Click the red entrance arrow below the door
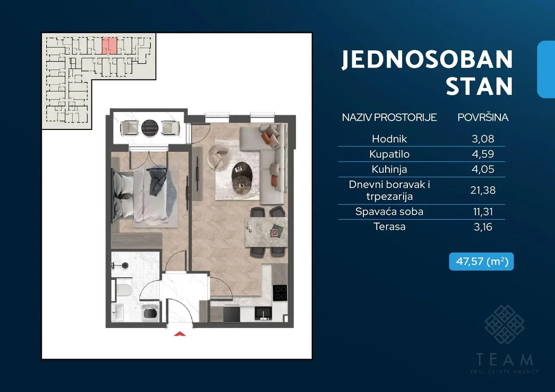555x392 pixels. coord(180,334)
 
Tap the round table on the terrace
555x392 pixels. coord(149,128)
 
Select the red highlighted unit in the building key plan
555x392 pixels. coord(109,45)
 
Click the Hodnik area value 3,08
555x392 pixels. coord(483,139)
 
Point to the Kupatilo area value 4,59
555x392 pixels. coord(483,154)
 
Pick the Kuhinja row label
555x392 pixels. coord(389,170)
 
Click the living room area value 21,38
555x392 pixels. coord(483,190)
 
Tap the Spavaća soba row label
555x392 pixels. coord(389,212)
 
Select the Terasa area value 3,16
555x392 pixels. coord(483,227)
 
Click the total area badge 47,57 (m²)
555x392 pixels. coord(481,262)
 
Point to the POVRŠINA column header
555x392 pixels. coord(483,117)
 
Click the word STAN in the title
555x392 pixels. coord(479,86)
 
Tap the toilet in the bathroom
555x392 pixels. coord(124,290)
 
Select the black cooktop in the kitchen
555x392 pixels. coord(280,293)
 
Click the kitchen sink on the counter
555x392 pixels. coord(263,313)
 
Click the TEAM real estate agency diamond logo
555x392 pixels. coord(505,325)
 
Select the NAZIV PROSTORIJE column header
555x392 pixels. coord(389,117)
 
